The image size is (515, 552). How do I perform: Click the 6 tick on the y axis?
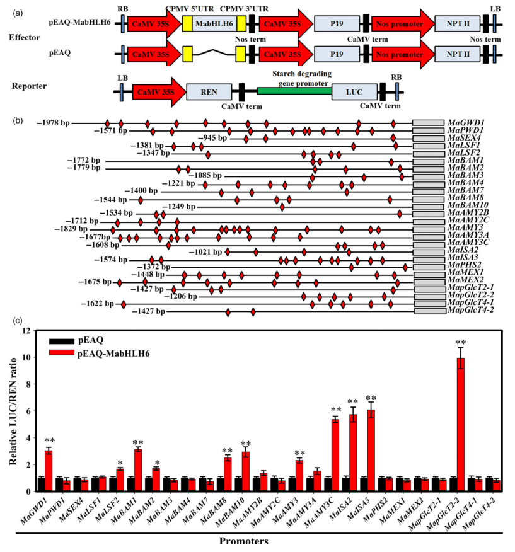click(25, 411)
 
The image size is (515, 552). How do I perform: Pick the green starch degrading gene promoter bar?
click(294, 91)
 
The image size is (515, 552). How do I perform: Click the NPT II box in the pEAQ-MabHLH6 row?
click(457, 23)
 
